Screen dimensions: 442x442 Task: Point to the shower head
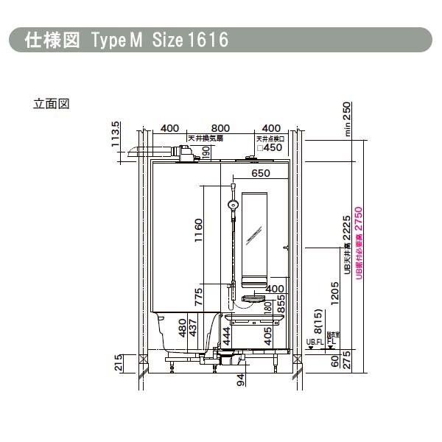click(x=233, y=204)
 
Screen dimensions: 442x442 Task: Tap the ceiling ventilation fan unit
click(x=187, y=153)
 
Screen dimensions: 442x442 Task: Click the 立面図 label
click(x=51, y=104)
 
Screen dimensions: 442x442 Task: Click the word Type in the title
click(x=110, y=40)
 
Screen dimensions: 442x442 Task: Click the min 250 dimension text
click(x=347, y=117)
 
